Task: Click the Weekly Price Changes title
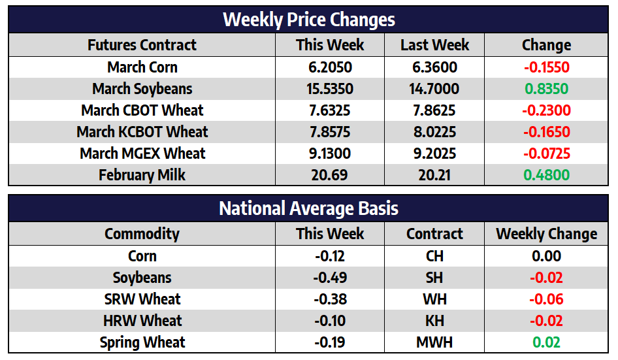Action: tap(308, 19)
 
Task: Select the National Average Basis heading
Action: tap(308, 208)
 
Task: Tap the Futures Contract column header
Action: tap(142, 45)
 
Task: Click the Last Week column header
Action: tap(434, 45)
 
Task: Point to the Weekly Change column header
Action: tap(546, 234)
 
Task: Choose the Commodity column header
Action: tap(142, 234)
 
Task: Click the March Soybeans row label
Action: tap(142, 89)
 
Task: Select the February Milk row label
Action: tap(142, 175)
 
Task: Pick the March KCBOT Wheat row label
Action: tap(142, 132)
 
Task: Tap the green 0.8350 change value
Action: tap(546, 89)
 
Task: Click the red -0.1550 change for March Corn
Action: tap(546, 67)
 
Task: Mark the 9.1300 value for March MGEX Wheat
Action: tap(330, 154)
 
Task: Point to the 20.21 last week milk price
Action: tap(434, 175)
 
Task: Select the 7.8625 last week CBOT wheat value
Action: tap(434, 110)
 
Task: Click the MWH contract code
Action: tap(434, 342)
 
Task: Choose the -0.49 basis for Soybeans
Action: tap(330, 278)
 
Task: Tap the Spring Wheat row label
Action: tap(142, 342)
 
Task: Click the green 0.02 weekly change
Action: tap(546, 342)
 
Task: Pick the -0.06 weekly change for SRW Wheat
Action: tap(546, 299)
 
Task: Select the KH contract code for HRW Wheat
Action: tap(434, 321)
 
